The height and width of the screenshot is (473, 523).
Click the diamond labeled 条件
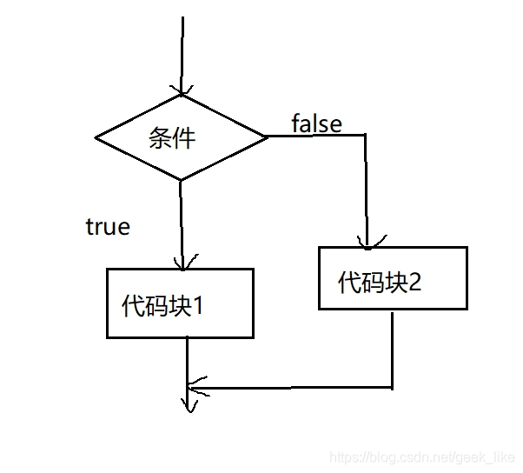[x=181, y=137]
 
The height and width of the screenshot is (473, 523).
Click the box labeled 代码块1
[x=180, y=303]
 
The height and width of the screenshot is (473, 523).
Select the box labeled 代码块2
[x=393, y=278]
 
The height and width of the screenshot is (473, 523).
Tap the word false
[x=316, y=123]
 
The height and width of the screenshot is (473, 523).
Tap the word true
[x=108, y=228]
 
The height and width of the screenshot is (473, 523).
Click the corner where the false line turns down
[x=366, y=136]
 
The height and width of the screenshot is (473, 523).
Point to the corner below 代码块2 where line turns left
[x=393, y=386]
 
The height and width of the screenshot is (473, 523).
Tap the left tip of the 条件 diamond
[x=96, y=137]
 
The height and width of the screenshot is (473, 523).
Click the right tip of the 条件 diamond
[x=266, y=137]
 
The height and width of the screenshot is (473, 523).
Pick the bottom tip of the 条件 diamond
[x=181, y=180]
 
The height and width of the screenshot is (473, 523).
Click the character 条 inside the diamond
[x=160, y=138]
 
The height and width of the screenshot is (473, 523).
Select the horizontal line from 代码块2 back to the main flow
[x=291, y=386]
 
